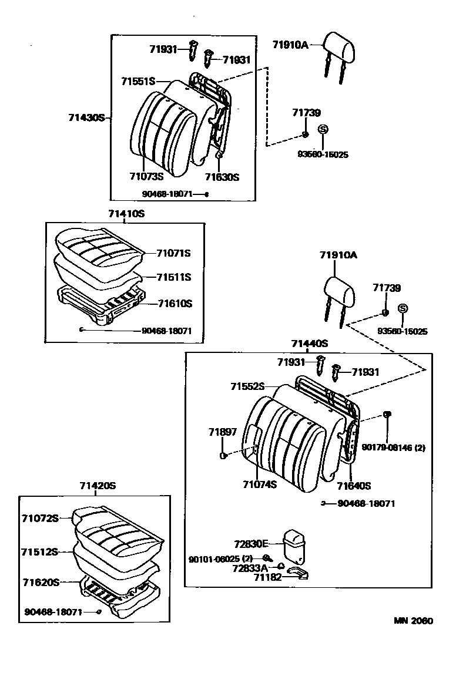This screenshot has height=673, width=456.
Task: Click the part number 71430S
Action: click(88, 117)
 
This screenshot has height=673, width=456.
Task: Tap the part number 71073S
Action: click(146, 174)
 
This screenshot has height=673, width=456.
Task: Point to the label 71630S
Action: click(222, 176)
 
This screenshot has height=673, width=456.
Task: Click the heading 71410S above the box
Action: click(126, 214)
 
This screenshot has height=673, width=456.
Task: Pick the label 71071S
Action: click(174, 253)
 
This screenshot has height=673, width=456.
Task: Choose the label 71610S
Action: click(175, 303)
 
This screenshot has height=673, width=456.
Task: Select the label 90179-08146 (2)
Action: click(394, 447)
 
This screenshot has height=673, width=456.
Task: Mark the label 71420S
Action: click(98, 486)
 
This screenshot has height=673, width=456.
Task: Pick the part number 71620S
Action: click(41, 582)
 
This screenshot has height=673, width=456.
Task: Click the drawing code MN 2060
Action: click(414, 621)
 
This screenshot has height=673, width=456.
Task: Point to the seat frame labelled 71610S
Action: click(100, 303)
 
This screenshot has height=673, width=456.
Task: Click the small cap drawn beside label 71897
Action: click(223, 456)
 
